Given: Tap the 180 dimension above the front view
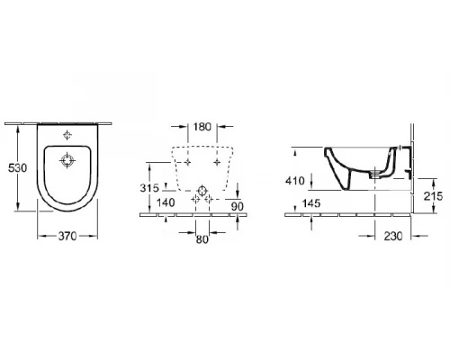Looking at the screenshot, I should tap(202, 128).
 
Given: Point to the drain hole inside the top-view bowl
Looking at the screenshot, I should tap(67, 161).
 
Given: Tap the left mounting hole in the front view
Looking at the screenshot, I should tap(186, 163).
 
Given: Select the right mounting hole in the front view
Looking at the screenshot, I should tap(219, 163).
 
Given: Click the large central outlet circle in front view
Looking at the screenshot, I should tap(202, 190).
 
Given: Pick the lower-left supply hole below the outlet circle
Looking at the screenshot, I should tap(193, 201).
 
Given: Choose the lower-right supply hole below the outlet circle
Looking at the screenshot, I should tap(211, 201).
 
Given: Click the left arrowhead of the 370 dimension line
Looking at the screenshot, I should tap(39, 236).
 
